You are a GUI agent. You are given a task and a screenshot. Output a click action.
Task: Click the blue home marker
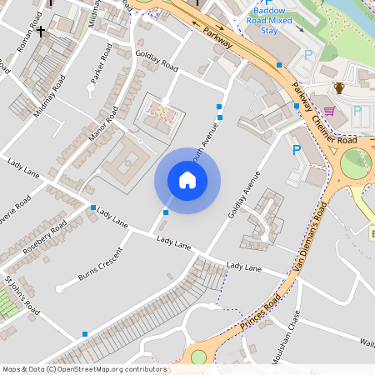[x=187, y=180]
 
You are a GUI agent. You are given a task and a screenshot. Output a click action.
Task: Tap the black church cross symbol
[x=41, y=32]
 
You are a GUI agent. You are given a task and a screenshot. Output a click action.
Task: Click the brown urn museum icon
[x=339, y=88]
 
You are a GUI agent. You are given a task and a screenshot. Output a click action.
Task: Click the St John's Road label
[x=22, y=297]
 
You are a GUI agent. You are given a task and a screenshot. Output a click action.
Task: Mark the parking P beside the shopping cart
[x=358, y=111]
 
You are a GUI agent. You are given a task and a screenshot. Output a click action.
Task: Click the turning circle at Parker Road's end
[x=91, y=86]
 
